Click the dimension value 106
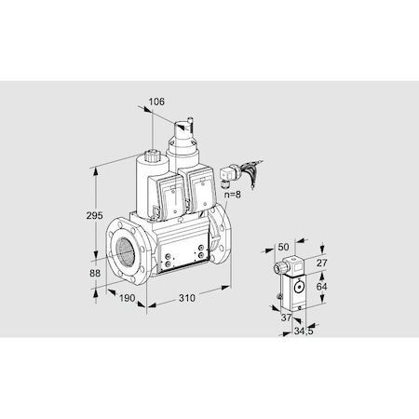(157, 102)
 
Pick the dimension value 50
(284, 247)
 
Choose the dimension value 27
(321, 264)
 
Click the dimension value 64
(321, 288)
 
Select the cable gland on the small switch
(278, 269)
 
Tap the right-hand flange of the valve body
(221, 240)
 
